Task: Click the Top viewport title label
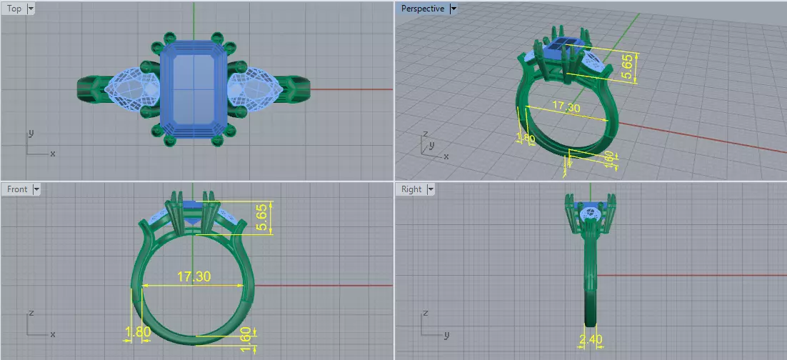coord(14,9)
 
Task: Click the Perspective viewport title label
coord(422,9)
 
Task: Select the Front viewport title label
coord(17,189)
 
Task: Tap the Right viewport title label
coord(411,189)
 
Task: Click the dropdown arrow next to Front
coord(36,189)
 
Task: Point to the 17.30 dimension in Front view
coord(193,276)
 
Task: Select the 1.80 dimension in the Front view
coord(138,332)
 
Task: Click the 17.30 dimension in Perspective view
coord(566,107)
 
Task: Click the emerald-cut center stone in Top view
coord(193,89)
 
